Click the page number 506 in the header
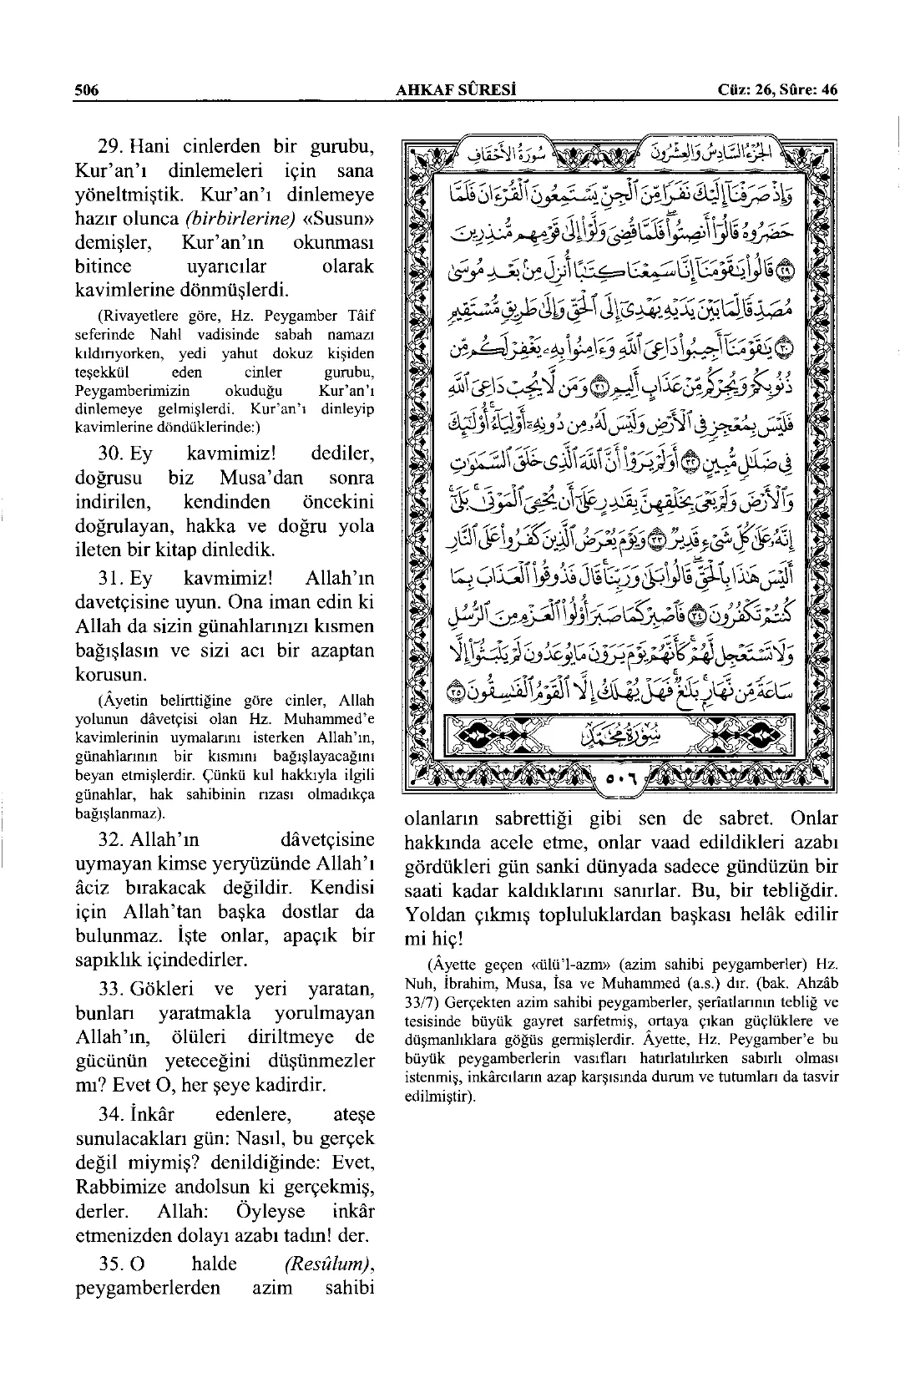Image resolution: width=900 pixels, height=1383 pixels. [x=86, y=90]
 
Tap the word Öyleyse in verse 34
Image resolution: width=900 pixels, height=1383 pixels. [x=270, y=1211]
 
